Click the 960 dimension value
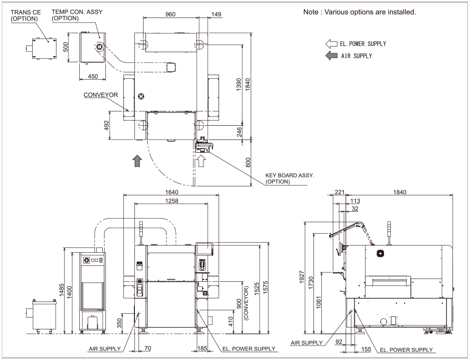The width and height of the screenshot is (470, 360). (170, 14)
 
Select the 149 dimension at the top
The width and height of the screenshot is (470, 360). (216, 14)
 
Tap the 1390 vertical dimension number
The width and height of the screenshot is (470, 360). (238, 85)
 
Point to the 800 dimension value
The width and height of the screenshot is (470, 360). (248, 163)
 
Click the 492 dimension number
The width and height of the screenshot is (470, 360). (106, 126)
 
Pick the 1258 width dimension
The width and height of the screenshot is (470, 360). (172, 201)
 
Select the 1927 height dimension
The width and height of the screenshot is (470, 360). (302, 277)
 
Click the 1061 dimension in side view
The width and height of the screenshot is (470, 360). (319, 302)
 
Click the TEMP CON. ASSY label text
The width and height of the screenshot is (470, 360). (77, 12)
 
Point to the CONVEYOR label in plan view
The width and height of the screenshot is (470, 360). (101, 95)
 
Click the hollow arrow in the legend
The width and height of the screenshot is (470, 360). (331, 44)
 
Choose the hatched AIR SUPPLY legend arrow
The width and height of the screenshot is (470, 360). (331, 56)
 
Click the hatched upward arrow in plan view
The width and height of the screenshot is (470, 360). (137, 161)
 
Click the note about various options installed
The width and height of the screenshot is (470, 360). (360, 12)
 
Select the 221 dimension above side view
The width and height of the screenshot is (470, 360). (340, 192)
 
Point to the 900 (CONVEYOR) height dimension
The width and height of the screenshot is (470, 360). (242, 303)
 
